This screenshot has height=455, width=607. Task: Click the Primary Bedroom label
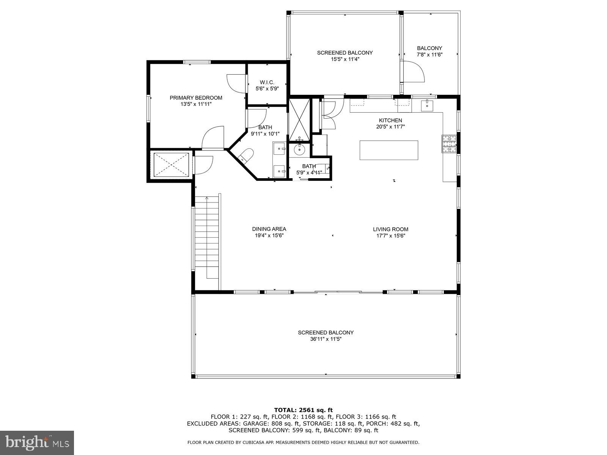[196, 98]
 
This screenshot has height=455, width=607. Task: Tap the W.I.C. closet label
[267, 82]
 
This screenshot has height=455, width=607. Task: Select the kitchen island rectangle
[389, 150]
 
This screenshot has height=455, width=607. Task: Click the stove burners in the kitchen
[450, 144]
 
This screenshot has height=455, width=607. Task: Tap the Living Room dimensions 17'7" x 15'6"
[390, 235]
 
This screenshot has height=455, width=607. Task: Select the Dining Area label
[269, 229]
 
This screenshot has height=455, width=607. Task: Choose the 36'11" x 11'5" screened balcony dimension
[326, 339]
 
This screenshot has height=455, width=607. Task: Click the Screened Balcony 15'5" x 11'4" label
[345, 53]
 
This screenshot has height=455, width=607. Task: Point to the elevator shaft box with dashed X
[171, 165]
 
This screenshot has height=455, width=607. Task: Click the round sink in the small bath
[300, 149]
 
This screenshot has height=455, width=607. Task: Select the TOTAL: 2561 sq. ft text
[303, 410]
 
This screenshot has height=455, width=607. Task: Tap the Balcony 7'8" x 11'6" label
[429, 48]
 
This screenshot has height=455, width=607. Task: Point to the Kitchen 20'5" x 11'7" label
[390, 121]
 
